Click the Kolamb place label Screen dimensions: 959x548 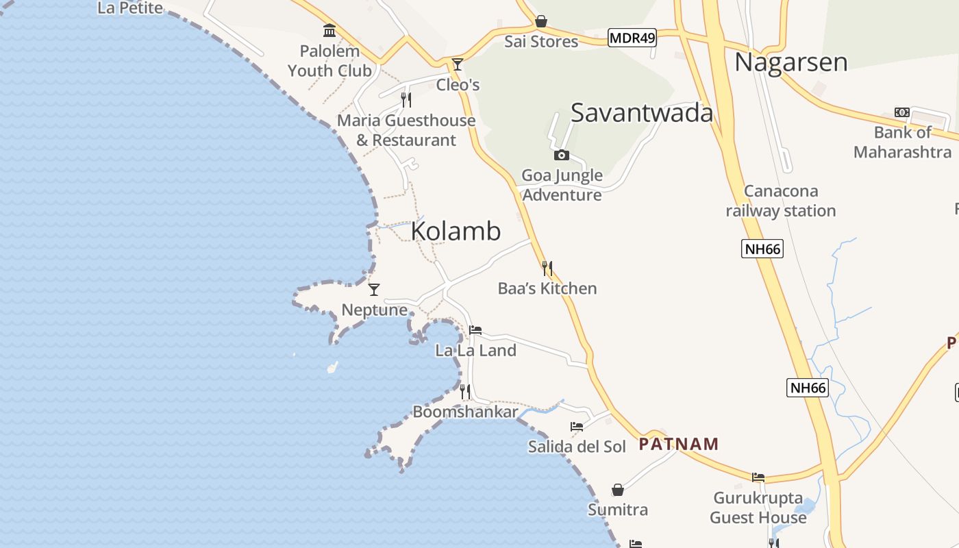click(x=456, y=232)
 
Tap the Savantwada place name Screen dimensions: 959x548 click(x=642, y=113)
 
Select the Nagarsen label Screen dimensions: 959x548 click(x=791, y=62)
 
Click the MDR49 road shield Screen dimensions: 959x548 click(x=632, y=38)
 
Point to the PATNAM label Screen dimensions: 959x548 click(x=679, y=444)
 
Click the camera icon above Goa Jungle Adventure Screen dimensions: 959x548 click(x=562, y=155)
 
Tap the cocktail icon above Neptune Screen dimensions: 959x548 click(x=374, y=289)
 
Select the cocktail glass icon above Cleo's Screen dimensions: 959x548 click(x=458, y=64)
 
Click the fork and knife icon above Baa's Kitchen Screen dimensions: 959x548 click(x=547, y=268)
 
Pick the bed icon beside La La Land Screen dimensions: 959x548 click(x=475, y=330)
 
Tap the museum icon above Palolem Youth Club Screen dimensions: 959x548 click(x=329, y=31)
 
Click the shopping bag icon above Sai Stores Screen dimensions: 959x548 click(x=541, y=21)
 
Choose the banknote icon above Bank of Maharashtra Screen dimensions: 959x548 click(x=902, y=112)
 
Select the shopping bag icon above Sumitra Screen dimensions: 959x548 click(x=618, y=490)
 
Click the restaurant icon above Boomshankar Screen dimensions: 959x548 click(x=465, y=392)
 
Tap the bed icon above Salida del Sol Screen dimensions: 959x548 click(x=577, y=426)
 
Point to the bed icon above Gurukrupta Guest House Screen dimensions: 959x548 click(x=758, y=477)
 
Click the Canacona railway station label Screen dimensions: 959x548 click(x=781, y=201)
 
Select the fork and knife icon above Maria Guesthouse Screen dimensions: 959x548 click(x=406, y=100)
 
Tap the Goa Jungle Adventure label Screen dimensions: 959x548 click(x=562, y=185)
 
